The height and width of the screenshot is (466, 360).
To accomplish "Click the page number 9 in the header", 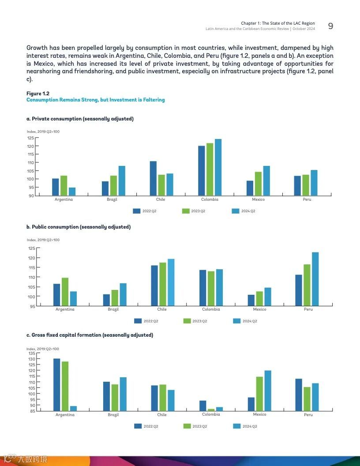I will tap(330, 26).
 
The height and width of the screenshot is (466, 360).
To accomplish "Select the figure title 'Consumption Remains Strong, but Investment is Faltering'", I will tap(95, 100).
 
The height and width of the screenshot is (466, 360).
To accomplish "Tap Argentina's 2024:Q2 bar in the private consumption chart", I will tap(72, 192).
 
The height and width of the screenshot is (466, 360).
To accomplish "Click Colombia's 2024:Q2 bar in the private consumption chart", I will tap(218, 167).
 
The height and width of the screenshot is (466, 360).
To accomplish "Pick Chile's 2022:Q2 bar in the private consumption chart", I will tap(153, 178).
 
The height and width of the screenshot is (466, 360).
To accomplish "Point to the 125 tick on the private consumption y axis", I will tap(31, 138).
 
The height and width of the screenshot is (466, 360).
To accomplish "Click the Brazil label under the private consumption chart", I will tap(112, 199).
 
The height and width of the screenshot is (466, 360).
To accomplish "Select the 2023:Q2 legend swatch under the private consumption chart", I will tap(186, 211).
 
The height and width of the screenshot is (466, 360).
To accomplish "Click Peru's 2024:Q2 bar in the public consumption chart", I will tap(315, 279).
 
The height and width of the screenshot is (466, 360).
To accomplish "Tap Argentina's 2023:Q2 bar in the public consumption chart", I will tap(65, 292).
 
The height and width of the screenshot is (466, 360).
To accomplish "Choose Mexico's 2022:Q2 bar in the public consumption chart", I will tap(251, 300).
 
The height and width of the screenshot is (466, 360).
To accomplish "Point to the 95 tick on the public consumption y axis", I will tap(32, 306).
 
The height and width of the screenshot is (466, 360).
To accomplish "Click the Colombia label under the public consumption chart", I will tap(211, 309).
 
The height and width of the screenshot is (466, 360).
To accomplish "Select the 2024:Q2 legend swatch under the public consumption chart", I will tap(236, 321).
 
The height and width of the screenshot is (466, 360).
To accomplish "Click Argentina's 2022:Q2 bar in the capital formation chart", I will tap(57, 385).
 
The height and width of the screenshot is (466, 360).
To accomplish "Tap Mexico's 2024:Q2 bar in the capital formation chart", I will tap(268, 391).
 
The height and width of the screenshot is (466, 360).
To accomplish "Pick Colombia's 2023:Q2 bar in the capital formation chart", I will tap(211, 410).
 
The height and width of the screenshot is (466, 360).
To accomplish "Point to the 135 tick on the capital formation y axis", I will tap(32, 353).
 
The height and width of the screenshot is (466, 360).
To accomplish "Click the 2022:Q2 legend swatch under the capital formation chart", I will tap(138, 426).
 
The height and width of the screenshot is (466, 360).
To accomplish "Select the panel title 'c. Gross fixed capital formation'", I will tap(90, 335).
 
